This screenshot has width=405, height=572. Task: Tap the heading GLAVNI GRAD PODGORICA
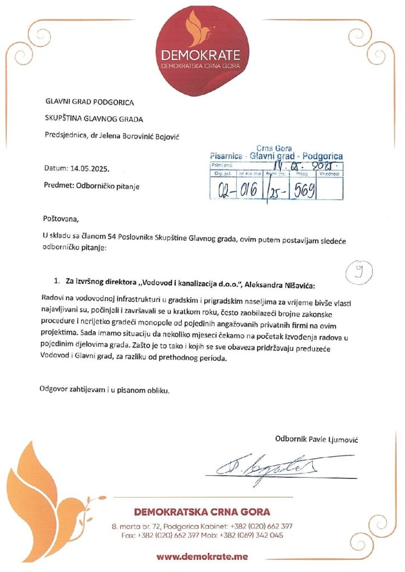pos(90,102)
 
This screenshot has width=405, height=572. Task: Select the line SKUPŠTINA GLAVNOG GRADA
pos(94,118)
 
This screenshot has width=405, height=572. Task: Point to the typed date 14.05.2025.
pos(90,168)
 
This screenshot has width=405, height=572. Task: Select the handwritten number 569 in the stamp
pos(302,190)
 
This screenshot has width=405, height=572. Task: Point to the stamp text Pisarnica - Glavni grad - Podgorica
pos(276,156)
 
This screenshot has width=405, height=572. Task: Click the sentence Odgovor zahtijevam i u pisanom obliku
pos(104,389)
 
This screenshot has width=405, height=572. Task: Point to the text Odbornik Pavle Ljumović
pos(317,439)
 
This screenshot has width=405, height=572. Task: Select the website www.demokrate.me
pos(202,556)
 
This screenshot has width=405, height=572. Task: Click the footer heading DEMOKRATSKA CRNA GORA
pos(202,512)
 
